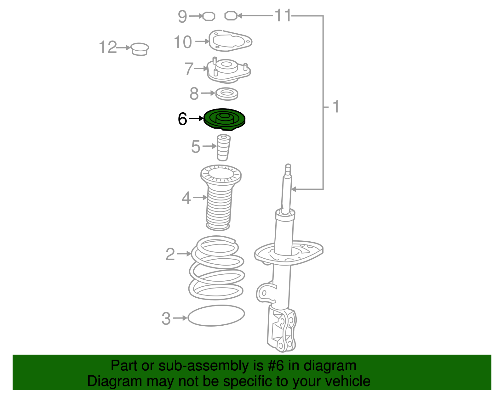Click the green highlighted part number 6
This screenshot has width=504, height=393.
224,120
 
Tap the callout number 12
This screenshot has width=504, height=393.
108,47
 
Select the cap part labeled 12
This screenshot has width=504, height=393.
140,49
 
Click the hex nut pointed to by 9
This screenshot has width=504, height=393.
209,16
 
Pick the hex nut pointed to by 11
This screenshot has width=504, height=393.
231,16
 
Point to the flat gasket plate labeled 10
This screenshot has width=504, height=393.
230,41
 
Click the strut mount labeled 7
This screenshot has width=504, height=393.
229,70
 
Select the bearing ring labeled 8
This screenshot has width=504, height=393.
226,94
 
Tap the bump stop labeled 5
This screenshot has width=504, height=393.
223,148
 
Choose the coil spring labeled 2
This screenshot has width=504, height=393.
217,268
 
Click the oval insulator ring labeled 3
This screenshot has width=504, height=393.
216,316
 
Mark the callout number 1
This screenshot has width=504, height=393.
335,107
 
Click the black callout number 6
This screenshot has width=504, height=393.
182,119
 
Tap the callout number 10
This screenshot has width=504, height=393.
183,42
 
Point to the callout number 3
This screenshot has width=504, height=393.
166,319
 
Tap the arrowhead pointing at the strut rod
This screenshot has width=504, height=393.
294,189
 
